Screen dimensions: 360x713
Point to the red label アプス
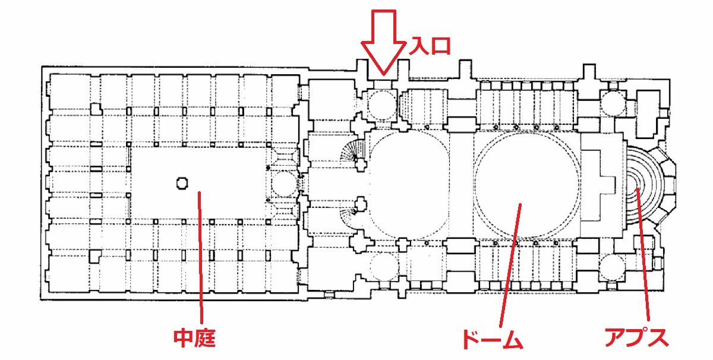pos(636,337)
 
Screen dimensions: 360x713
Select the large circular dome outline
pos(525,183)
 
